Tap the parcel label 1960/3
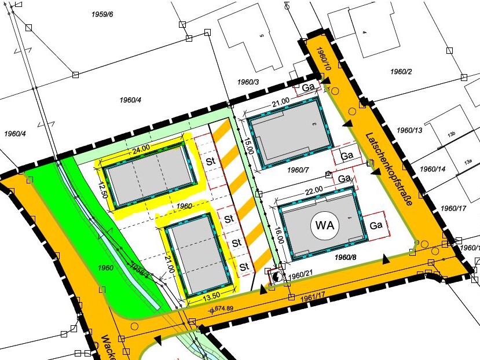(x=248, y=82)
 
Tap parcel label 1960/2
(x=401, y=72)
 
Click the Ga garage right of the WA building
(x=376, y=225)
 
